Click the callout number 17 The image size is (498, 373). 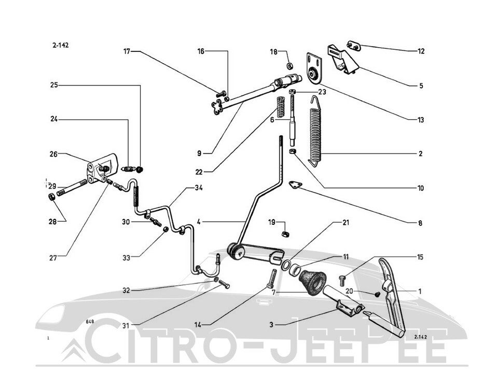point(127,51)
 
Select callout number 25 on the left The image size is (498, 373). point(54,85)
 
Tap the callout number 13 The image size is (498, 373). point(421,120)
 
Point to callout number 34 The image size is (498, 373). point(199,188)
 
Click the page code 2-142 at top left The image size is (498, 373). point(60,46)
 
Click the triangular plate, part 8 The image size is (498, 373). point(295,184)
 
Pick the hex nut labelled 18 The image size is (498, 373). point(289,66)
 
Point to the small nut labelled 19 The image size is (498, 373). point(285,234)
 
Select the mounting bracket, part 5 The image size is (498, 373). point(342,59)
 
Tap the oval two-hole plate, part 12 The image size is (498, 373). point(353,46)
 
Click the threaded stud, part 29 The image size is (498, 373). point(72,188)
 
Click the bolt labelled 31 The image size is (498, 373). point(224,284)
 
